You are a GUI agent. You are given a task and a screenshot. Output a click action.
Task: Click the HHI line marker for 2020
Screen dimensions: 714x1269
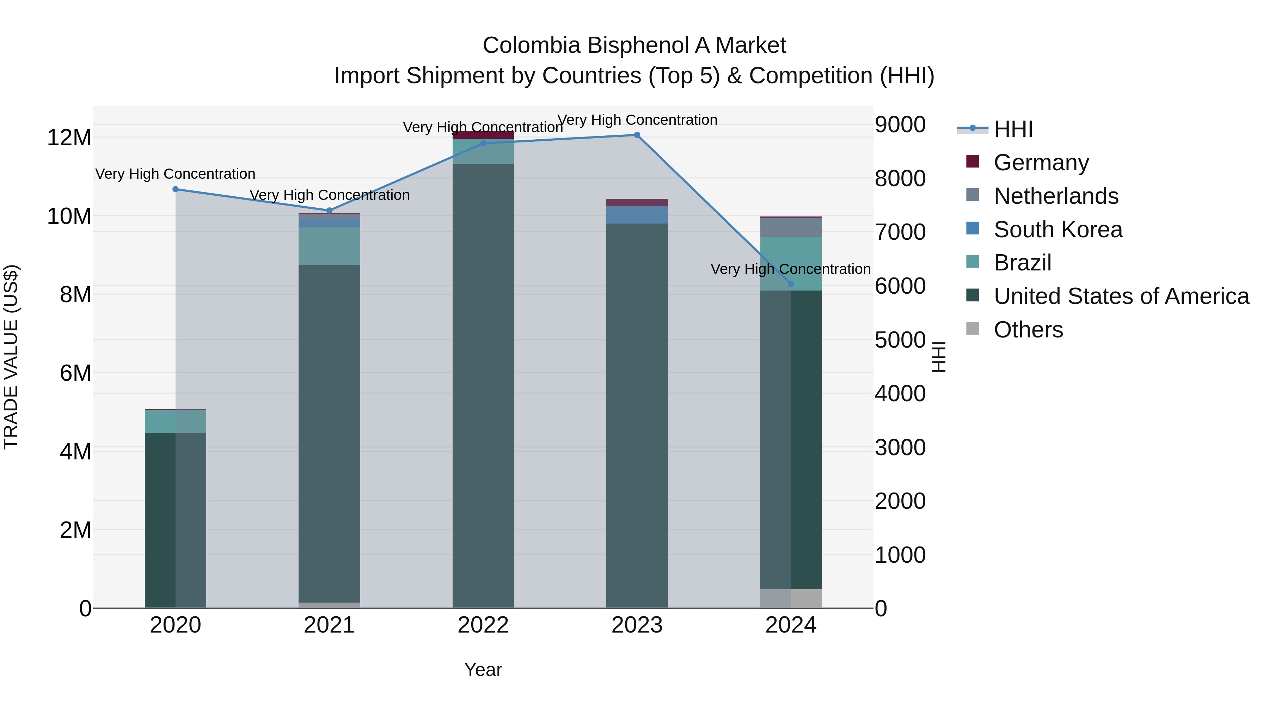176,189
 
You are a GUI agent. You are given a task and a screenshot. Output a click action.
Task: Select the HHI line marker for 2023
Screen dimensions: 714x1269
637,135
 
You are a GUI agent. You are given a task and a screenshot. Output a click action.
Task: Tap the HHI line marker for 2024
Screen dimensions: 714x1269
791,284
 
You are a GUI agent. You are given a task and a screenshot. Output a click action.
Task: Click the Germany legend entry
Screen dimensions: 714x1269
1041,163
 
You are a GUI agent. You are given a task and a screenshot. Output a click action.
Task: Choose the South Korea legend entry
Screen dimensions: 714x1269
1057,230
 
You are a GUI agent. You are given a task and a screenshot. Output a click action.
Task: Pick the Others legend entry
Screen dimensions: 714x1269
1028,330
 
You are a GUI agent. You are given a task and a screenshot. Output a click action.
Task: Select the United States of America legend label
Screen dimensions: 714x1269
1121,296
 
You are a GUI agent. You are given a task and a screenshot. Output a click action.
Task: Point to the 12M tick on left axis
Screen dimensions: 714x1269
69,138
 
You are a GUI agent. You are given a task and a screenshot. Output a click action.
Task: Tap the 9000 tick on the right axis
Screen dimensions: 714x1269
900,125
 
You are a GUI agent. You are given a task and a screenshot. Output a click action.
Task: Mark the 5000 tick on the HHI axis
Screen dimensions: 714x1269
900,340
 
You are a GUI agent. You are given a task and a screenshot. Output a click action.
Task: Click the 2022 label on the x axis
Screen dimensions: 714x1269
483,625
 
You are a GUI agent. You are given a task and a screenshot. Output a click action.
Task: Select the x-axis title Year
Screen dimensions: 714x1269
483,670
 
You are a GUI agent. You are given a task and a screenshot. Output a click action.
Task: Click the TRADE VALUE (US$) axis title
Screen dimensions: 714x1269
11,357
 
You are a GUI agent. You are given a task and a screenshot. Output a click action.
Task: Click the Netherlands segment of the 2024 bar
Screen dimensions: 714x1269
791,227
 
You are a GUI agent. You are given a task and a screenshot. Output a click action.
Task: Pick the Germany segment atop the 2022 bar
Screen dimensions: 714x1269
483,135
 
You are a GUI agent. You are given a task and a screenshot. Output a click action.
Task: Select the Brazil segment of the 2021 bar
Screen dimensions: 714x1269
329,246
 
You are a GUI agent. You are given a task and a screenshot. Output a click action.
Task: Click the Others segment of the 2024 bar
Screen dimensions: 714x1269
791,598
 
